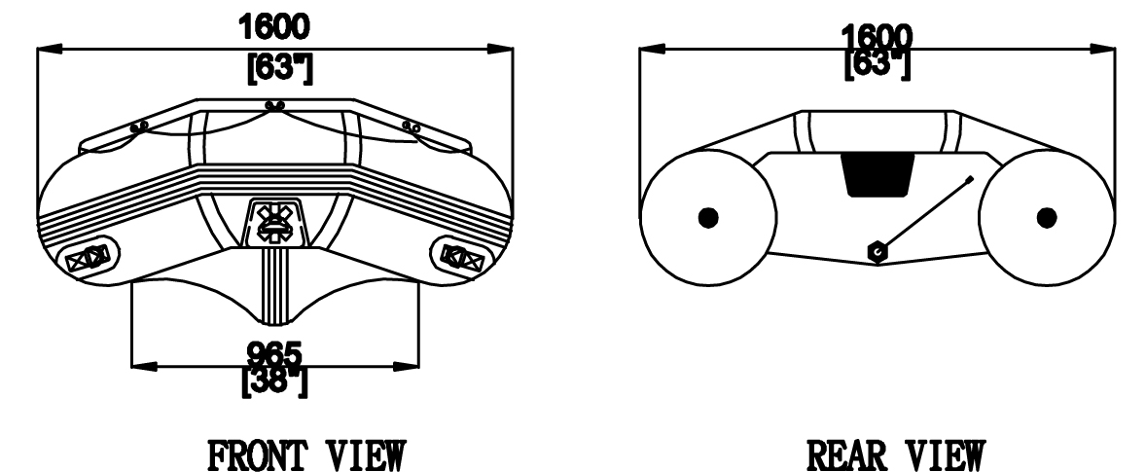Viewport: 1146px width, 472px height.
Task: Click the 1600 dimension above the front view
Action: pos(274,27)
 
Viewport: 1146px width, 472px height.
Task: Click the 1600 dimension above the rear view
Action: pos(877,37)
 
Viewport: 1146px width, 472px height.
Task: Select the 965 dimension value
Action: pos(274,356)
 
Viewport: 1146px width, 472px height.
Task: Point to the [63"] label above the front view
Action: pos(280,69)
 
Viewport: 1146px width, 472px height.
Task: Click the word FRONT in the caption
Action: pos(256,455)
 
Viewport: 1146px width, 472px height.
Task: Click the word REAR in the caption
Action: pos(845,455)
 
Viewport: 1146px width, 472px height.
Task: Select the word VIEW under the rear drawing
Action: pos(948,455)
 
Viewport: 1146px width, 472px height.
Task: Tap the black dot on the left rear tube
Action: pos(708,217)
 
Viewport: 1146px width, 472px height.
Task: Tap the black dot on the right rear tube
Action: pos(1047,217)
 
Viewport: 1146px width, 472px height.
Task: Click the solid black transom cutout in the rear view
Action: pos(877,174)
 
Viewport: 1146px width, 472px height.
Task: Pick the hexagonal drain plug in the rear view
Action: pos(877,252)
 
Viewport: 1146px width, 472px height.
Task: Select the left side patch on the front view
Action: pos(87,257)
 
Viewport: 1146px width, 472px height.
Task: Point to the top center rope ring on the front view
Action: pos(274,107)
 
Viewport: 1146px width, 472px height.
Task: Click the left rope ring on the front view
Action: pos(139,127)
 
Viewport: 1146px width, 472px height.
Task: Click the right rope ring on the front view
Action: pos(411,127)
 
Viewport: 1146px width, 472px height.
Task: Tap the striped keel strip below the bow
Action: pos(276,286)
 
